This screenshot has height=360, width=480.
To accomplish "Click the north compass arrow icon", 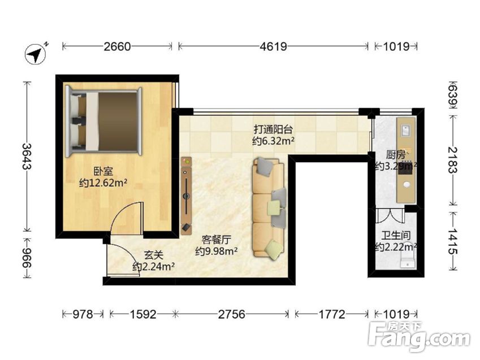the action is [36, 54].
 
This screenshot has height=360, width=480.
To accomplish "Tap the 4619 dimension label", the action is [273, 46].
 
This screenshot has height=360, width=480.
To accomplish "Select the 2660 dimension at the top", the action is [117, 46].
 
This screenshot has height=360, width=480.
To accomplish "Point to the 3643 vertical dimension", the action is [27, 156].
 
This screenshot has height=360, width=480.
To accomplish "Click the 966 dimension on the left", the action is [27, 258].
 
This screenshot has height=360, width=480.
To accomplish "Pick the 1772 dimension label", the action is [332, 314].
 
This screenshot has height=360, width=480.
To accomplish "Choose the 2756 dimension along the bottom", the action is [231, 314].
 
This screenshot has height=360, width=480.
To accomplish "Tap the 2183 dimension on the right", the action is [453, 160].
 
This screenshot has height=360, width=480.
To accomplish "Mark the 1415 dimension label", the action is [453, 241].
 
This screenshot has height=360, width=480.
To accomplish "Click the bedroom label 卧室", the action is [103, 171].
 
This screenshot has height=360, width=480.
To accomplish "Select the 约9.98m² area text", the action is [217, 251].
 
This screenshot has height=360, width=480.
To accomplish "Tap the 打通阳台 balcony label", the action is [273, 129].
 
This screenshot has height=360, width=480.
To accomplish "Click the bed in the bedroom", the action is [104, 121].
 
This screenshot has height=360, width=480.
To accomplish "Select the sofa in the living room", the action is [269, 208].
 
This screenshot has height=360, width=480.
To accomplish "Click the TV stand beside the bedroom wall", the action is [186, 196].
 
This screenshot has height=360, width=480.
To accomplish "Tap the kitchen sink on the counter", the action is [405, 130].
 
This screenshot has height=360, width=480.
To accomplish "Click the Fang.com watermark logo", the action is [419, 337].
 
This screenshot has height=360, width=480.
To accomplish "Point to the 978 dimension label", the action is [83, 314].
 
